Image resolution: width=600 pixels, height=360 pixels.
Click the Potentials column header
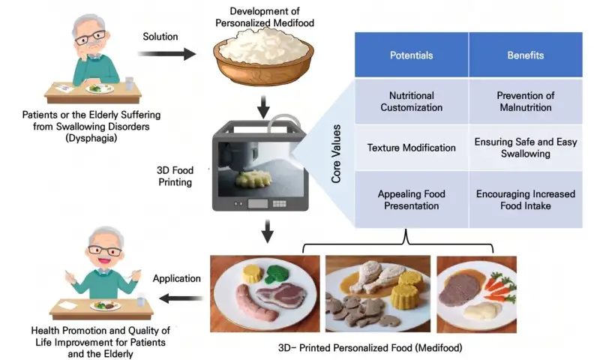411,55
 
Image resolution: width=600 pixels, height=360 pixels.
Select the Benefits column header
526,55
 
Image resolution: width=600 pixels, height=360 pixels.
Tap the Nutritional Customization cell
411,101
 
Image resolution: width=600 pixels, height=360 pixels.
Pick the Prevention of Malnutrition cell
526,101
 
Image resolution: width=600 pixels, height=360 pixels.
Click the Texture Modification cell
411,148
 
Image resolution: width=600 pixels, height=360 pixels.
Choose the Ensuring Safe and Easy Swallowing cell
526,148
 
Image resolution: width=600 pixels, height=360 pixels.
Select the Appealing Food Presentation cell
411,199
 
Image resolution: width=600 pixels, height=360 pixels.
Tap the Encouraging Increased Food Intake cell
526,199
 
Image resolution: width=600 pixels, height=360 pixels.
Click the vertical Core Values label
336,154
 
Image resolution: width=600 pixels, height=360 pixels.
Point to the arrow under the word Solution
166,54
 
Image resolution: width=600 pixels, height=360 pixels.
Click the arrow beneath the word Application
181,298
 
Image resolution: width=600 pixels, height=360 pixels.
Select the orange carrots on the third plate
499,287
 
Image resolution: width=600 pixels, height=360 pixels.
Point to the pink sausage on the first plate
256,303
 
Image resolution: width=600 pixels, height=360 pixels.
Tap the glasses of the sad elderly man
90,37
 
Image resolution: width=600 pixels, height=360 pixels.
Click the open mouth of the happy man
103,260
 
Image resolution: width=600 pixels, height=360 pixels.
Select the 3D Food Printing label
175,176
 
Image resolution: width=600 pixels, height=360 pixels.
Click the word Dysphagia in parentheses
91,138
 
